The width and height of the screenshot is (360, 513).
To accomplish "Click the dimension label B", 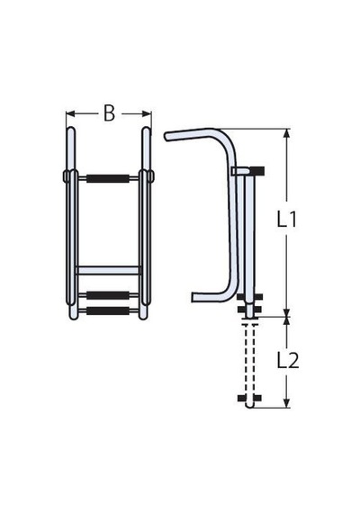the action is [x=109, y=113].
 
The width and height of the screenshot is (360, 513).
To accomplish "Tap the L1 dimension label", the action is [x=287, y=220].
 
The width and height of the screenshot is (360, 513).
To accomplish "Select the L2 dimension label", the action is [x=288, y=361].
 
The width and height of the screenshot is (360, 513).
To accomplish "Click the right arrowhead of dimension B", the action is [x=147, y=114].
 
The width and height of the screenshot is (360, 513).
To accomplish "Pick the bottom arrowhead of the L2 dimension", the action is [x=287, y=403].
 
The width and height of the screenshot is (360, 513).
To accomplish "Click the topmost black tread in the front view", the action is [x=108, y=178].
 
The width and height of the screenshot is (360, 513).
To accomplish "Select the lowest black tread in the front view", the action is [x=108, y=310].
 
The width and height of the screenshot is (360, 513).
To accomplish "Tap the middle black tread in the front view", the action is [x=108, y=295].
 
